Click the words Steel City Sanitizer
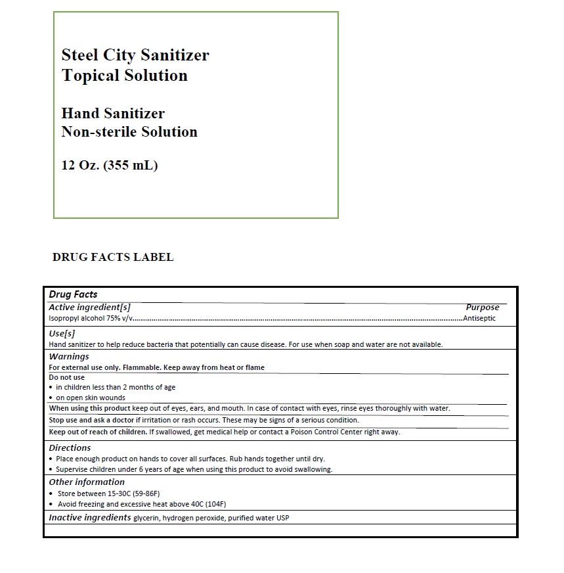pyautogui.click(x=135, y=55)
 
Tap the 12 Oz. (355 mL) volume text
pyautogui.click(x=110, y=165)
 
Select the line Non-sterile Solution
pyautogui.click(x=129, y=131)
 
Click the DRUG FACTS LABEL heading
pyautogui.click(x=113, y=257)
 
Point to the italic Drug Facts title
pyautogui.click(x=73, y=294)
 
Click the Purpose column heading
pyautogui.click(x=482, y=307)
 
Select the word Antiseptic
pyautogui.click(x=479, y=318)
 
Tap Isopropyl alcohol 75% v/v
pyautogui.click(x=91, y=319)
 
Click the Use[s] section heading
pyautogui.click(x=62, y=333)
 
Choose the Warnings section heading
pyautogui.click(x=69, y=356)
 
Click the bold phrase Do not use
pyautogui.click(x=67, y=377)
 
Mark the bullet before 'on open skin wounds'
pyautogui.click(x=51, y=398)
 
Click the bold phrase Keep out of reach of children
pyautogui.click(x=98, y=432)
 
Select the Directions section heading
pyautogui.click(x=70, y=447)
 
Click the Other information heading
pyautogui.click(x=87, y=482)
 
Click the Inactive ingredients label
pyautogui.click(x=90, y=517)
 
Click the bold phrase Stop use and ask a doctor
pyautogui.click(x=97, y=420)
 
